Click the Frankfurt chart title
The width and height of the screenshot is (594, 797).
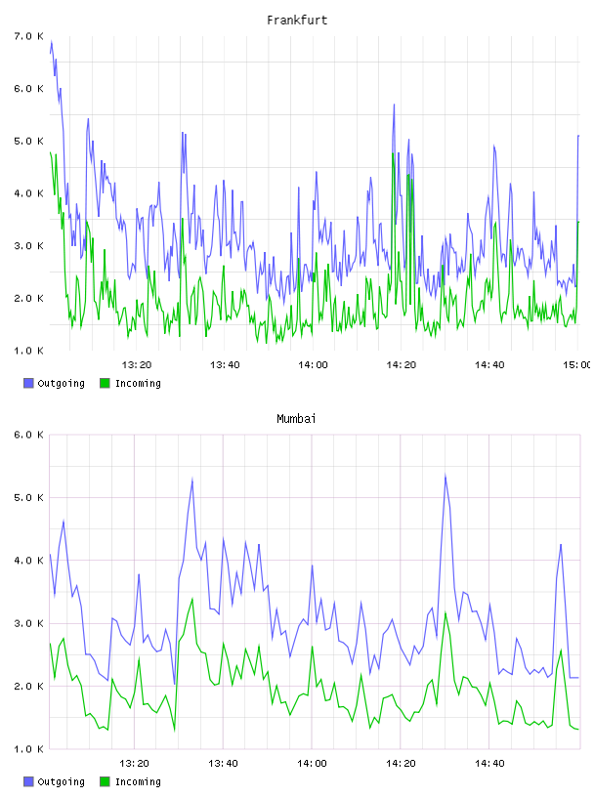click(297, 21)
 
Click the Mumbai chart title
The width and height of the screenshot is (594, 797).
click(296, 419)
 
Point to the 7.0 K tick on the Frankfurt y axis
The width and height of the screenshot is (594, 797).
click(28, 36)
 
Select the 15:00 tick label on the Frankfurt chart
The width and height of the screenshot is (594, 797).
click(577, 364)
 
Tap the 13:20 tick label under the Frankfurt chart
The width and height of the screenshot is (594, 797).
click(137, 364)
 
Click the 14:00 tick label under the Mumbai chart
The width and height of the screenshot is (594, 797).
click(312, 763)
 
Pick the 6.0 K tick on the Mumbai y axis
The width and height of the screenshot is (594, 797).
click(28, 435)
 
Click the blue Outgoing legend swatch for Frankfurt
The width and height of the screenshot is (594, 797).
click(28, 383)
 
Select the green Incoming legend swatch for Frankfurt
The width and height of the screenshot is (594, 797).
click(105, 383)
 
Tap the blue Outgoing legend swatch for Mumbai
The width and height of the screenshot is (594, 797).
click(28, 781)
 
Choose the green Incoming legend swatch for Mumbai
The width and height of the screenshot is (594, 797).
click(105, 781)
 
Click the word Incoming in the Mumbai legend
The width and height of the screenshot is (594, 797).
click(138, 781)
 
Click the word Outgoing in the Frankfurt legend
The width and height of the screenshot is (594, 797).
click(61, 383)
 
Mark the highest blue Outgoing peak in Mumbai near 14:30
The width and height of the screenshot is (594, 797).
click(445, 476)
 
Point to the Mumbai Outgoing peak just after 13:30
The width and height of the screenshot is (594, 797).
click(192, 479)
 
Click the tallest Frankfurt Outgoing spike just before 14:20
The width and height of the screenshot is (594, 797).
click(394, 105)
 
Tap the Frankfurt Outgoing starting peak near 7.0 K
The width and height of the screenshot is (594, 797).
click(52, 42)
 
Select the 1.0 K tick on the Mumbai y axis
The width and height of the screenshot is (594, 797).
click(28, 749)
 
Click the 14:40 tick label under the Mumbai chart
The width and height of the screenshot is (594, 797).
click(489, 763)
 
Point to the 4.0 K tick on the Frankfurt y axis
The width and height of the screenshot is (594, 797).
click(28, 193)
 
